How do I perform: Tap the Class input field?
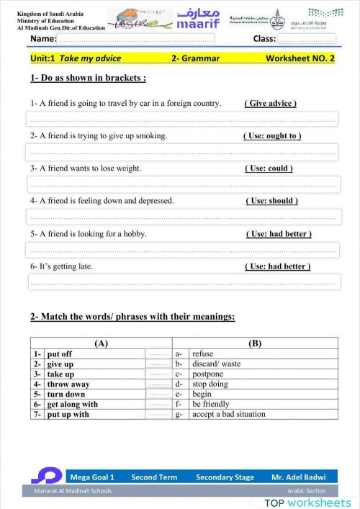point(306,39)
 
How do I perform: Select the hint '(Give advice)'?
point(271,104)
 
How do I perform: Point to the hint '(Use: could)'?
point(269,168)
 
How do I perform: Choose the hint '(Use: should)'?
point(271,201)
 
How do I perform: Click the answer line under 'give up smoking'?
point(182,152)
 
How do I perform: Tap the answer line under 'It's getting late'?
point(182,281)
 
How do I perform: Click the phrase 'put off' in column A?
point(59,354)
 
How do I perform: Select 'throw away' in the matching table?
point(68,384)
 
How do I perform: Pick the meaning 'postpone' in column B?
point(208,374)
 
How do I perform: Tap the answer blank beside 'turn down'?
point(158,395)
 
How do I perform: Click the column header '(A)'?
point(102,343)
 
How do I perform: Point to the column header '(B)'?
point(255,343)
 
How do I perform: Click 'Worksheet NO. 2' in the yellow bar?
point(300,58)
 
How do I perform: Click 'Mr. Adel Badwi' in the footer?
point(298,477)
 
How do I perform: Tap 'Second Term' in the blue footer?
point(154,477)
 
